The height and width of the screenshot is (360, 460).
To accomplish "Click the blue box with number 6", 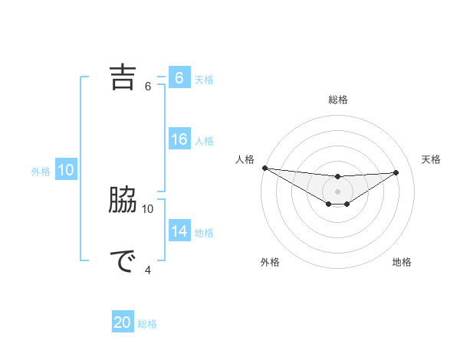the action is (x=179, y=77).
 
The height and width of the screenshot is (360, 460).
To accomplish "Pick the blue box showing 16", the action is (x=179, y=139).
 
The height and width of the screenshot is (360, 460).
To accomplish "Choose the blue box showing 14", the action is (x=179, y=231).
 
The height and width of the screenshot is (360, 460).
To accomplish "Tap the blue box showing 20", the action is (x=123, y=322).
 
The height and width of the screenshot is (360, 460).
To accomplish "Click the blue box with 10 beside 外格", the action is (x=66, y=170).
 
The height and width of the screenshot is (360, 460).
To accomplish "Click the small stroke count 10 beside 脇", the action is (x=148, y=208).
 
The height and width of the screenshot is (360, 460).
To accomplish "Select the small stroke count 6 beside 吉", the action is (x=148, y=86).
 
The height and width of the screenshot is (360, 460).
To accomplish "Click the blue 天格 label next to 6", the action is (x=204, y=79).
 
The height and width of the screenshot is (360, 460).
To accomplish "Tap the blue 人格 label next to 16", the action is (x=204, y=141).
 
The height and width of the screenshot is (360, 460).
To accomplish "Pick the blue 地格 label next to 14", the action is (x=204, y=233).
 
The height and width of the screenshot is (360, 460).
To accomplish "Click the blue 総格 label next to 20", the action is (x=147, y=324).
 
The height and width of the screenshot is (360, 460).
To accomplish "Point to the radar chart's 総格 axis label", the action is (x=337, y=100).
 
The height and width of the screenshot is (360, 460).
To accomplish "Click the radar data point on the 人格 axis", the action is (x=264, y=168).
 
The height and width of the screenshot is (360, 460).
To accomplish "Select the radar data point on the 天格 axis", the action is (x=396, y=172).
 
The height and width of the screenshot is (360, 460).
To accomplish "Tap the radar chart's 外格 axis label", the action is (x=270, y=263).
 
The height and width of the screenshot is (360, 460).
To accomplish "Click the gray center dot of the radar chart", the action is (x=337, y=191).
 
